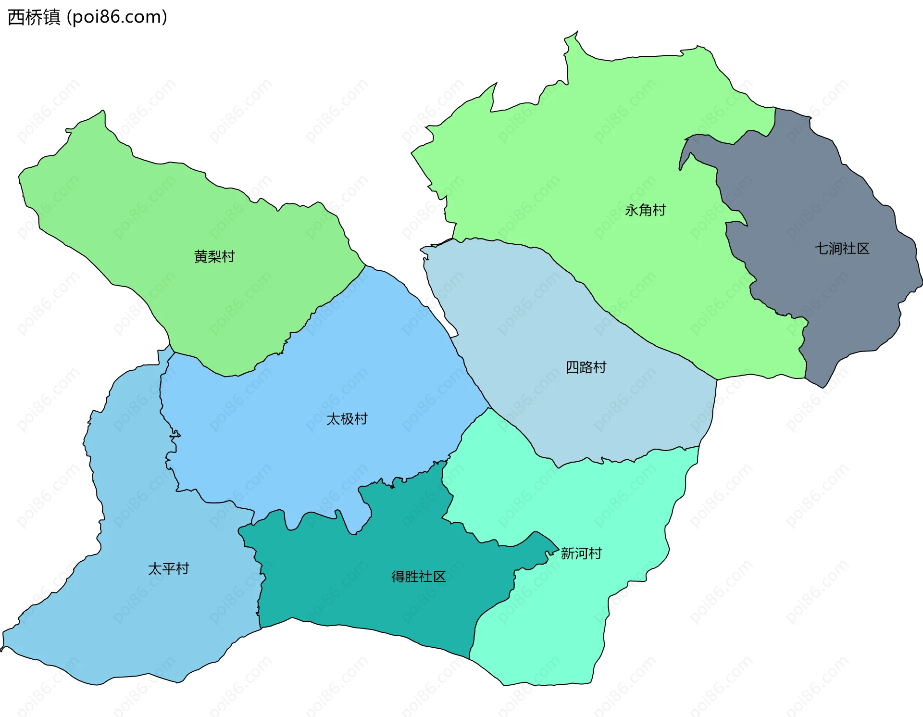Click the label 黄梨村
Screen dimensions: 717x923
coord(214,256)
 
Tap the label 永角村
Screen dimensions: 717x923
coord(645,210)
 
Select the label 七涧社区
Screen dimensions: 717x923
coord(842,249)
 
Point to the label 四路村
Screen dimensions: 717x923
coord(586,367)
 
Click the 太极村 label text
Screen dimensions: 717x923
coord(347,419)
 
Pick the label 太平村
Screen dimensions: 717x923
coord(168,569)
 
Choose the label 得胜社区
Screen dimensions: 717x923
coord(418,576)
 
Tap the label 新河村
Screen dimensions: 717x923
coord(581,553)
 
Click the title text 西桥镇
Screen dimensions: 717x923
coord(34,17)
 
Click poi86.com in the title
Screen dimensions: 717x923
coord(117,17)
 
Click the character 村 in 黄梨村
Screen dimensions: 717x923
coord(228,256)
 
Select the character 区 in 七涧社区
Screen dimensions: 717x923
coord(863,249)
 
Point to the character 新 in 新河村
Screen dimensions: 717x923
coord(568,553)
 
